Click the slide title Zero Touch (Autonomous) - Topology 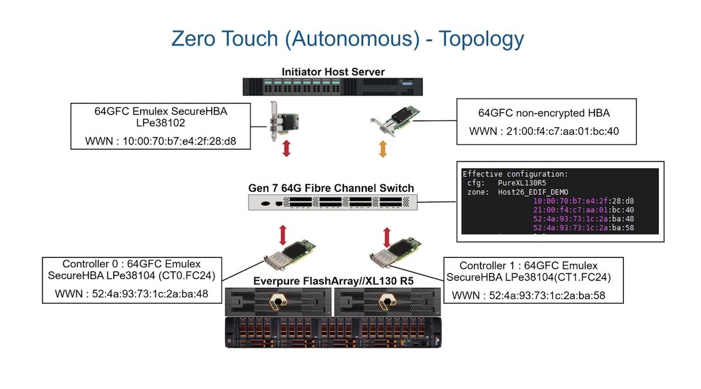(x=347, y=39)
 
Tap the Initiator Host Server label (x=333, y=72)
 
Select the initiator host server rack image (x=333, y=87)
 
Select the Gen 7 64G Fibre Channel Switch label (x=331, y=188)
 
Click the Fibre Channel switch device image (x=332, y=203)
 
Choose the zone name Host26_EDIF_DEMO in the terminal (x=533, y=192)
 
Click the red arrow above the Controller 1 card (x=387, y=236)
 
